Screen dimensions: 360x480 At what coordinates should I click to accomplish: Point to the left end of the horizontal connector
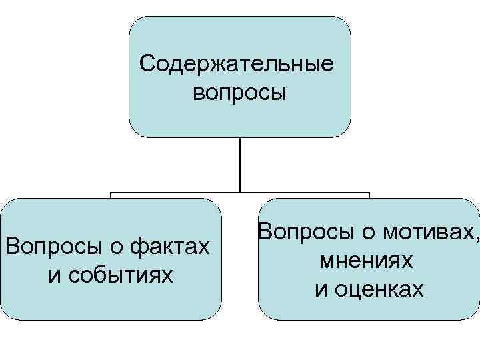click(111, 193)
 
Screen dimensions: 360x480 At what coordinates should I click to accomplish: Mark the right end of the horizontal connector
click(369, 193)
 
